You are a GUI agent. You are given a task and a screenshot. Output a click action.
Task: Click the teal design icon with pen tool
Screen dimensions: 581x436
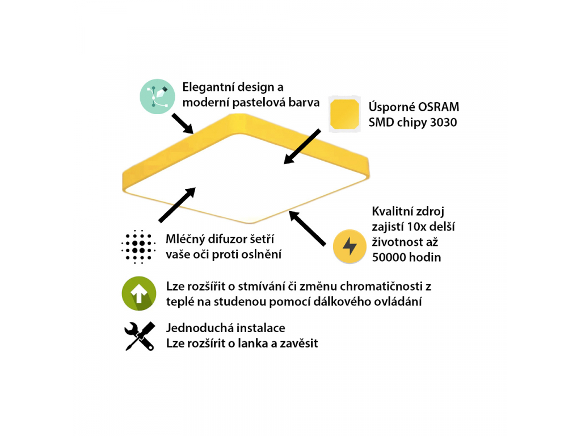(x=157, y=97)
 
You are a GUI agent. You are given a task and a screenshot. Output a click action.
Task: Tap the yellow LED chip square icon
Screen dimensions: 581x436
(x=344, y=114)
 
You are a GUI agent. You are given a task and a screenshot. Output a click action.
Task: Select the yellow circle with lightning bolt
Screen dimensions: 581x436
(x=350, y=246)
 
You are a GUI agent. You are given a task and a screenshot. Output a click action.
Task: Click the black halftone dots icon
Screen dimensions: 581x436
(x=138, y=246)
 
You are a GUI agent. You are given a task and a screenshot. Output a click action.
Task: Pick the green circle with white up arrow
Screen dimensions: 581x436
(x=139, y=294)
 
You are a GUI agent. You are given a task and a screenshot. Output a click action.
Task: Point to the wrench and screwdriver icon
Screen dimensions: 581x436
(x=140, y=336)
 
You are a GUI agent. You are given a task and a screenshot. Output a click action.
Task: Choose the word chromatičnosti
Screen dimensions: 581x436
(x=381, y=286)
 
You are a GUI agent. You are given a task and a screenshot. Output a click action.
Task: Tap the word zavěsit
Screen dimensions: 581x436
(x=298, y=343)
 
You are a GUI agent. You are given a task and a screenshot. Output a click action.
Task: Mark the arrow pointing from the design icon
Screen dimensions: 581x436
(x=183, y=123)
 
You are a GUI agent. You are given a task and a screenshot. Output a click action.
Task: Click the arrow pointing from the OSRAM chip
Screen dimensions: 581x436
(x=302, y=146)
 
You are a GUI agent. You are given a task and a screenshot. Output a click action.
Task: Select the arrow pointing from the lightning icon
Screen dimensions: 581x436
(x=307, y=228)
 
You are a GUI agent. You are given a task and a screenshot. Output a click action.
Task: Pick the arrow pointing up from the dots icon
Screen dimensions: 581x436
(x=177, y=205)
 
